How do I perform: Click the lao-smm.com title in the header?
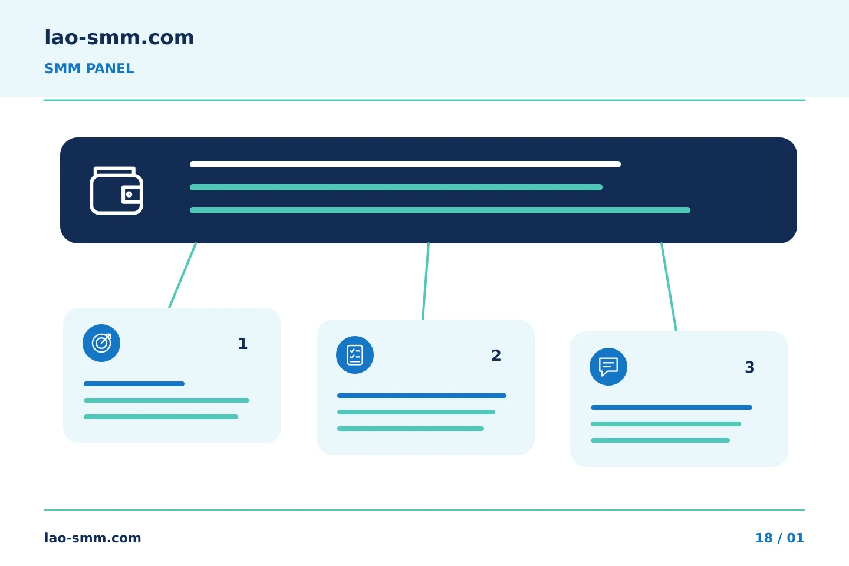pyautogui.click(x=119, y=38)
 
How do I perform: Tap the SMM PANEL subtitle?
pyautogui.click(x=89, y=68)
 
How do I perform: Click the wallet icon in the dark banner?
pyautogui.click(x=116, y=190)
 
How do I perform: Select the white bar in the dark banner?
pyautogui.click(x=405, y=164)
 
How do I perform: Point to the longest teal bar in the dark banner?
pyautogui.click(x=440, y=210)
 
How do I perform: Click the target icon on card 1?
pyautogui.click(x=101, y=343)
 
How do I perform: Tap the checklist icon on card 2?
pyautogui.click(x=355, y=355)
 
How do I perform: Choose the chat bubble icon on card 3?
pyautogui.click(x=608, y=367)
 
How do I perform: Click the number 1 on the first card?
pyautogui.click(x=243, y=344)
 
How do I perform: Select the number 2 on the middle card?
pyautogui.click(x=496, y=356)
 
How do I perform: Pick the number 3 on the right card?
pyautogui.click(x=750, y=367)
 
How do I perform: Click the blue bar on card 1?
pyautogui.click(x=134, y=384)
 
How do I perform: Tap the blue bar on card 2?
pyautogui.click(x=422, y=396)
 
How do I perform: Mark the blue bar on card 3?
pyautogui.click(x=671, y=407)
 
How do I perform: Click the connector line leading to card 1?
pyautogui.click(x=182, y=275)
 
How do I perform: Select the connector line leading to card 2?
pyautogui.click(x=426, y=281)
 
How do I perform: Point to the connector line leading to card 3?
pyautogui.click(x=669, y=287)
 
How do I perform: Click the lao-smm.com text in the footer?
pyautogui.click(x=93, y=538)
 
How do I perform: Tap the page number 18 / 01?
pyautogui.click(x=779, y=538)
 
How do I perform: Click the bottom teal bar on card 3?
pyautogui.click(x=660, y=440)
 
